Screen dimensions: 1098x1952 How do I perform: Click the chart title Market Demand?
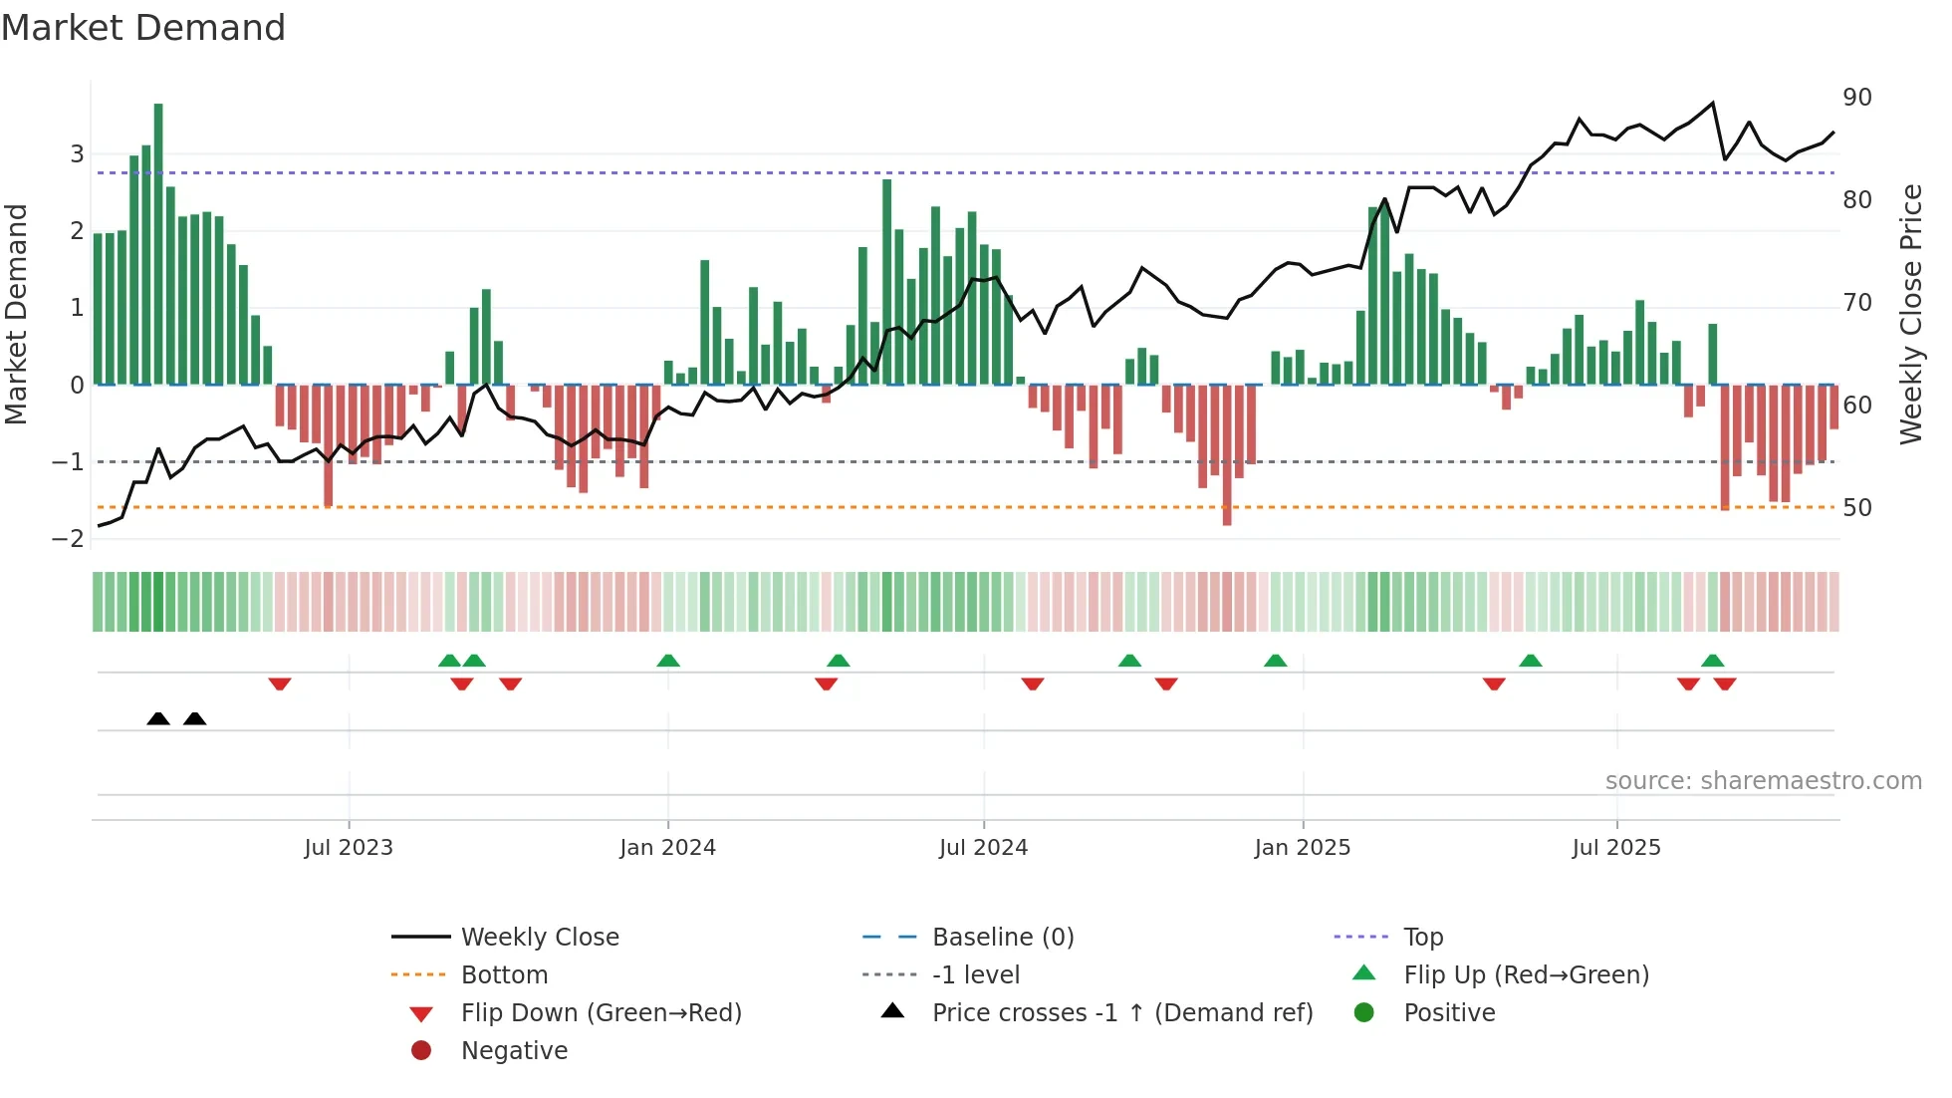click(143, 28)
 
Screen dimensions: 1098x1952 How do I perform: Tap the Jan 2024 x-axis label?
click(667, 848)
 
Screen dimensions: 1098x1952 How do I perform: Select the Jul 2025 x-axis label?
click(1616, 848)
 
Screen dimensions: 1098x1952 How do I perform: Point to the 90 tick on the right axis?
click(1856, 98)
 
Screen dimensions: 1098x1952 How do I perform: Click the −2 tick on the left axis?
click(69, 539)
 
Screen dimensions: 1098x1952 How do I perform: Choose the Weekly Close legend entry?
click(539, 938)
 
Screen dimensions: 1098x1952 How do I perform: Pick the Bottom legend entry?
click(504, 975)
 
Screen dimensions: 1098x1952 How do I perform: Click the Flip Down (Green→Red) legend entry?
click(601, 1013)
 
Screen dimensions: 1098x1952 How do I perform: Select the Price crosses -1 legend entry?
click(1121, 1013)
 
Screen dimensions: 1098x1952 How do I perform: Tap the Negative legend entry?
click(514, 1051)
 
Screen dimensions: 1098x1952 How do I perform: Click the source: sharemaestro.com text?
click(1763, 781)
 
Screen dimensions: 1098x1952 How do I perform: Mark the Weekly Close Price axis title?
click(1910, 314)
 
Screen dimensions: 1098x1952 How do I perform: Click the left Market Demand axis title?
click(16, 314)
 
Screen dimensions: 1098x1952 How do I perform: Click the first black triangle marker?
click(158, 718)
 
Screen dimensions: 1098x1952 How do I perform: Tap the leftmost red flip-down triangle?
click(280, 684)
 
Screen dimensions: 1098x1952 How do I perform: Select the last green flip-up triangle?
click(1712, 661)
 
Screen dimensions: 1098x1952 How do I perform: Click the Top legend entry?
click(1422, 938)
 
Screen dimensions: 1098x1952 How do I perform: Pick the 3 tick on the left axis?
click(77, 154)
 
